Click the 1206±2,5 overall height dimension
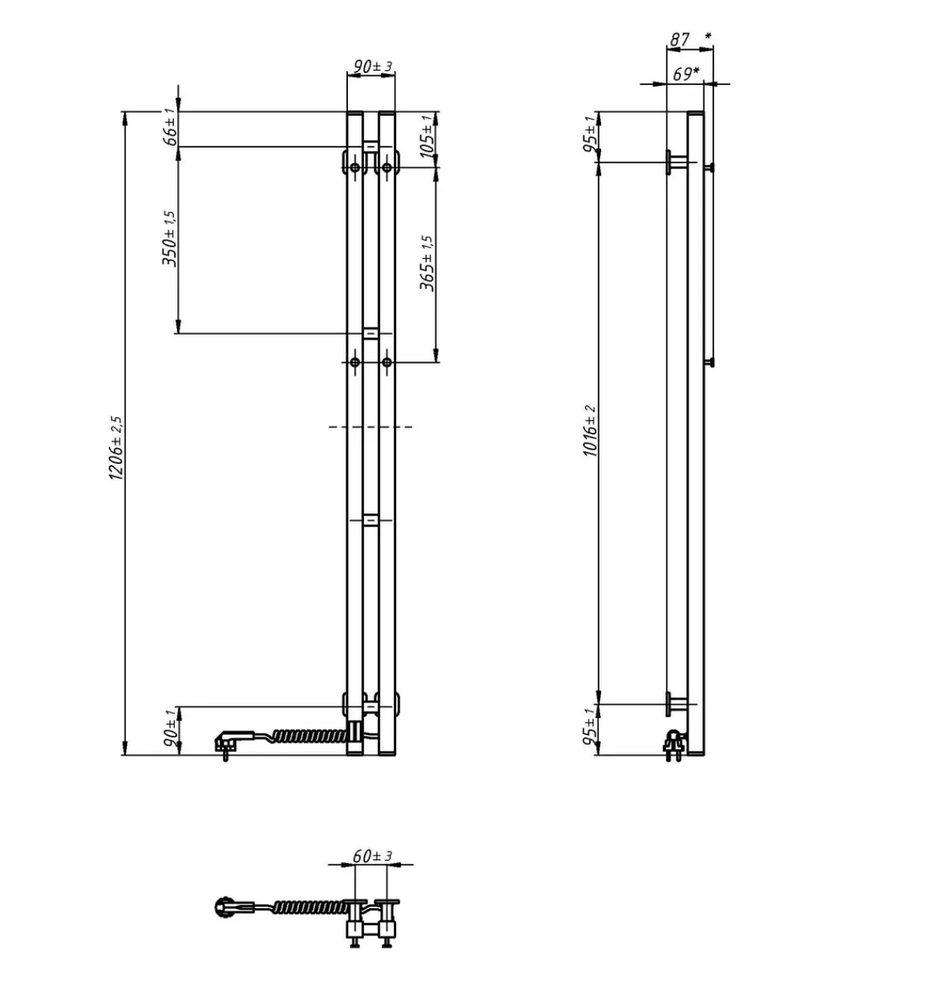coord(116,449)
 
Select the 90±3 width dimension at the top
coord(373,66)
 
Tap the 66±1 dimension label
coord(170,127)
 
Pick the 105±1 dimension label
coord(428,136)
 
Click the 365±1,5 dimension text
coord(428,263)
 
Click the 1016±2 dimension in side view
coord(590,431)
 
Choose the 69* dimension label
coord(686,74)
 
